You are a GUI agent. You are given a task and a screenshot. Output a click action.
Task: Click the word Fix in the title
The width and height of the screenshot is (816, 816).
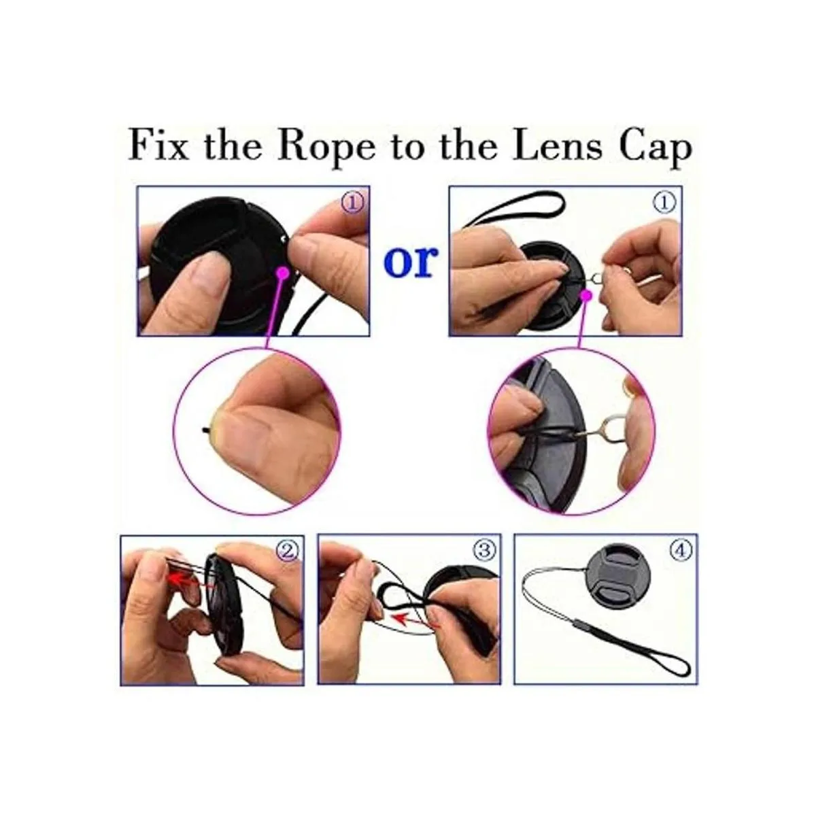tap(158, 146)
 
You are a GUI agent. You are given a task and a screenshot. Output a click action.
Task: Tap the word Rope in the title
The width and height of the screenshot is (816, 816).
tap(326, 149)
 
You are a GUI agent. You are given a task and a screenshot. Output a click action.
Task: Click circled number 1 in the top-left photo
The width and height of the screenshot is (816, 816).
tap(352, 203)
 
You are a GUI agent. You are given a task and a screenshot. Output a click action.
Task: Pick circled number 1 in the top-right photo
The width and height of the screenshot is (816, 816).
tap(664, 203)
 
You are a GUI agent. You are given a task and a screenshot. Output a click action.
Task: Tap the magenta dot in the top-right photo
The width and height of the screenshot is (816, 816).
tap(587, 296)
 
